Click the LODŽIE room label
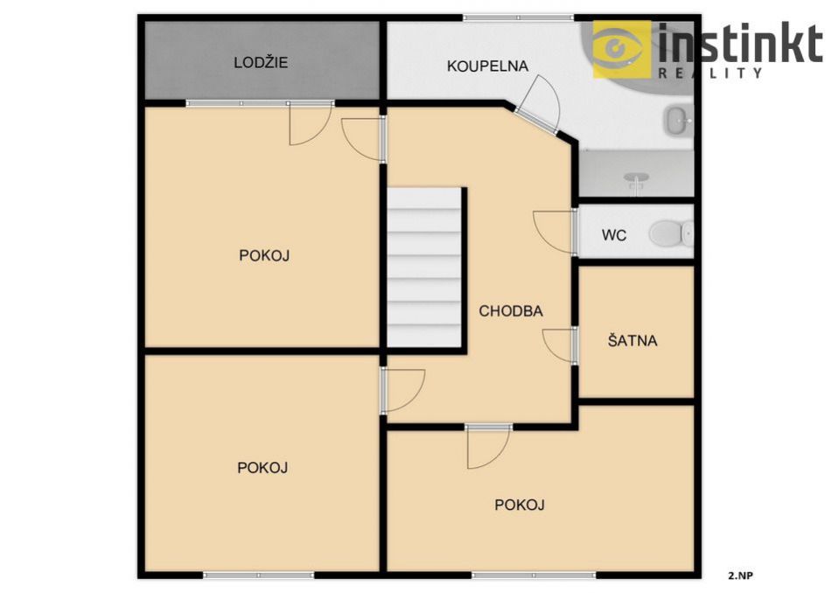coord(261,63)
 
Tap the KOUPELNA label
coord(487,66)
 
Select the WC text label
coord(614,235)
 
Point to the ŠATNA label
coord(633,340)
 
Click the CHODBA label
coord(510,311)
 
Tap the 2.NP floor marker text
coord(740,576)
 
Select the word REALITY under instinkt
coord(710,73)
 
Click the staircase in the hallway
coord(424,268)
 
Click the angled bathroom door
coord(539,105)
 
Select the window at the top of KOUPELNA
coord(518,17)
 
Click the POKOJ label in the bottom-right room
coord(520,505)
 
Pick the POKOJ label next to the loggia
coord(264,255)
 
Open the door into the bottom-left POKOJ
coord(402,390)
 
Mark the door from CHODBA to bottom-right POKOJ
coord(488,446)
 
